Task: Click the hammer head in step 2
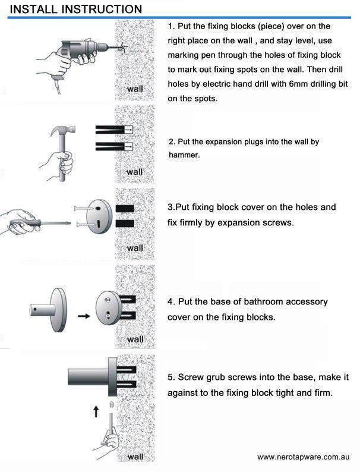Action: coord(63,131)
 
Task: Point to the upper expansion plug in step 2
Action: coord(114,130)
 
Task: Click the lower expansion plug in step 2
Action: coord(114,146)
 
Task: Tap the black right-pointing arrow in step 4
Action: coord(84,316)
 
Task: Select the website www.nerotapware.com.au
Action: coord(304,457)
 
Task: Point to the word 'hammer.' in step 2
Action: coord(184,155)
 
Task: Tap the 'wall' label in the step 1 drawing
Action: coord(135,89)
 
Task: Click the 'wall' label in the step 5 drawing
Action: coord(135,457)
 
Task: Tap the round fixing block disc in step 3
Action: coord(99,216)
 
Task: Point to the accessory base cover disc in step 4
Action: coord(59,310)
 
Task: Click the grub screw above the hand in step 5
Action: coord(111,405)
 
